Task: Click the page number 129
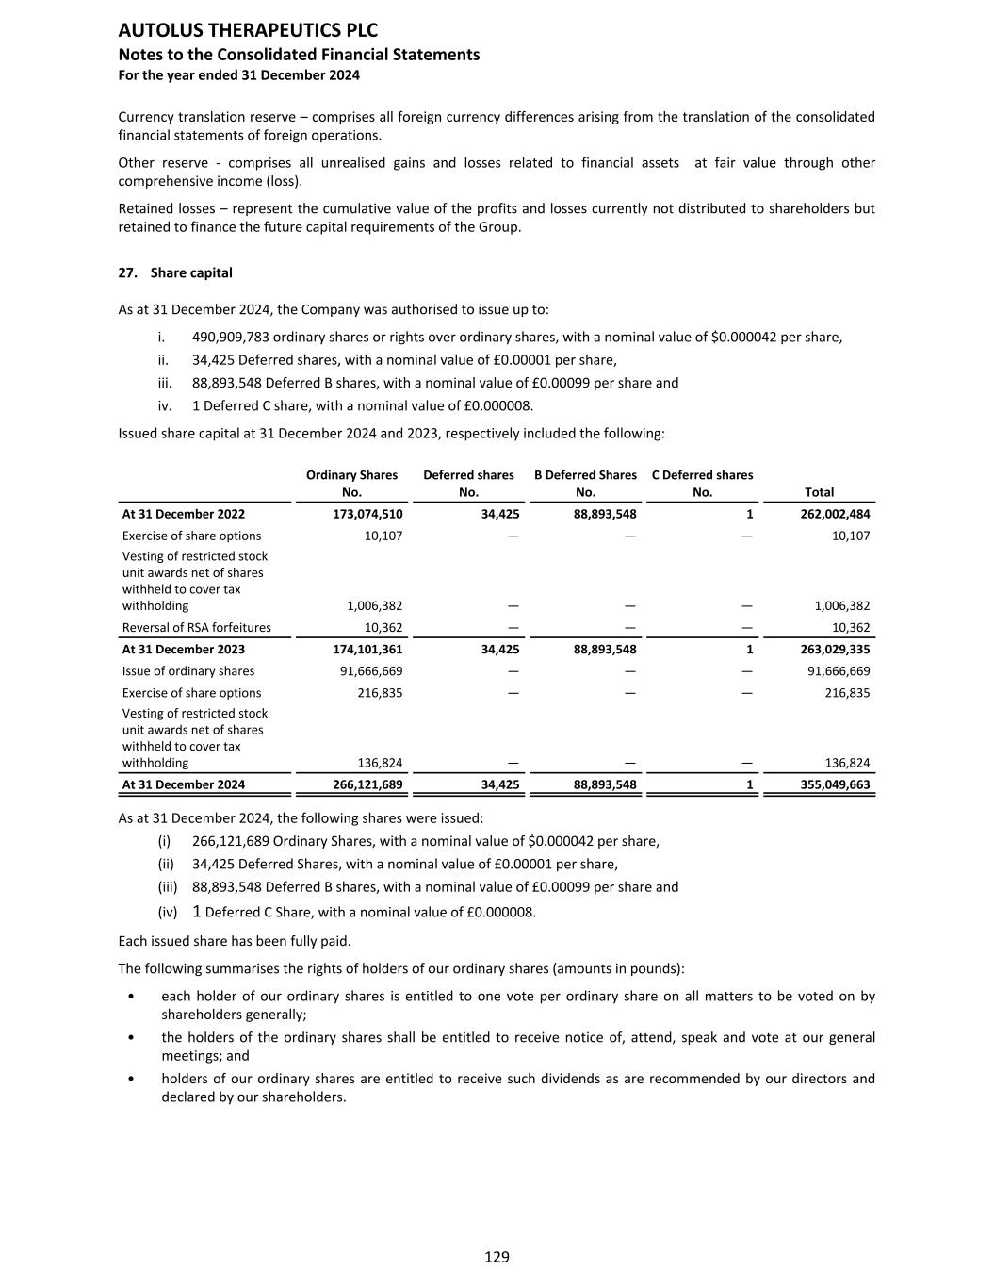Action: [497, 1256]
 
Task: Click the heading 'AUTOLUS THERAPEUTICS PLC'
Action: [248, 30]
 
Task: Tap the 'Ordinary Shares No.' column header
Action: [351, 483]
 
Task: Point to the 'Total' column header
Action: [819, 491]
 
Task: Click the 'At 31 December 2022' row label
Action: [184, 514]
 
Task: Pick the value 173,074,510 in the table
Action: [354, 514]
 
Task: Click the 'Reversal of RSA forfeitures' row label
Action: [196, 627]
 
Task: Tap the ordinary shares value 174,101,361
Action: [354, 649]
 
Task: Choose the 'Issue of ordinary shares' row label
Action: [188, 670]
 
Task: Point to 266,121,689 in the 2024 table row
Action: [354, 784]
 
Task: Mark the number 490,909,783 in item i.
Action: [231, 337]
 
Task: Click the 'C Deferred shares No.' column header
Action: [702, 483]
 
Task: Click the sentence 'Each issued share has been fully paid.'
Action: [235, 940]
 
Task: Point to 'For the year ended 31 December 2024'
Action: [238, 74]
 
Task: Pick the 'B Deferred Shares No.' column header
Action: [585, 483]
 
